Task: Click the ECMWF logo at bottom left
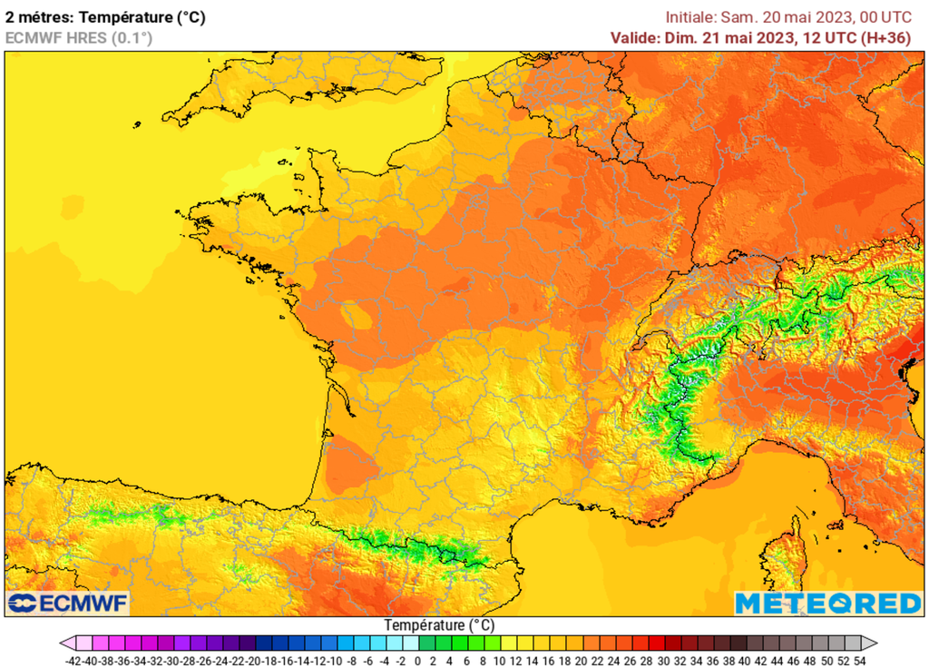(68, 603)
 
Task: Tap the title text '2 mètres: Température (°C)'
(105, 16)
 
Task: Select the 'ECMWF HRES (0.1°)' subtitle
(79, 37)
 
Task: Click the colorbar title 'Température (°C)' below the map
(439, 625)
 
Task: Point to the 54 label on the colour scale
(858, 661)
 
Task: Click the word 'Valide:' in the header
(637, 37)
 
